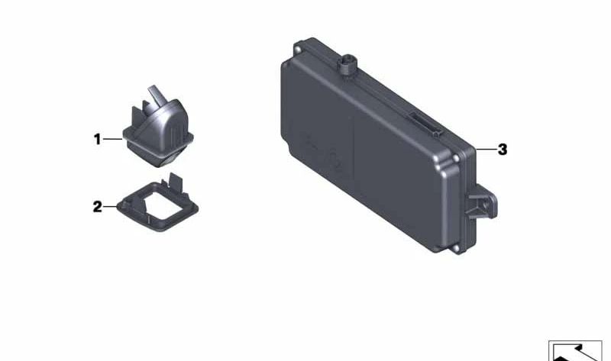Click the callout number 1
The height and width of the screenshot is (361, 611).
tap(98, 139)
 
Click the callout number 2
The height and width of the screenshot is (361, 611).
tap(98, 206)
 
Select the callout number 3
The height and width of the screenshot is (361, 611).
tap(503, 150)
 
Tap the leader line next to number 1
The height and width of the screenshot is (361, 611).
tap(112, 139)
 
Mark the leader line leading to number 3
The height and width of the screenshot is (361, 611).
tap(486, 149)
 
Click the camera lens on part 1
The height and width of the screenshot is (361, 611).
tap(170, 162)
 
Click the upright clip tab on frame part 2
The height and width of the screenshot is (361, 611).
tap(174, 182)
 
